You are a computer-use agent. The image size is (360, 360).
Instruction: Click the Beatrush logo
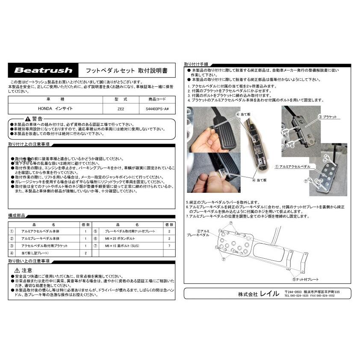pos(44,70)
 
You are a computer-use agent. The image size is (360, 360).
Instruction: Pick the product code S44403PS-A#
pos(157,109)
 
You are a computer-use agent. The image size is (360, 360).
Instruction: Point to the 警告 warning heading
pos(34,118)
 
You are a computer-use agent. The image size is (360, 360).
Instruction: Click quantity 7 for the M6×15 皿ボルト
pos(169,246)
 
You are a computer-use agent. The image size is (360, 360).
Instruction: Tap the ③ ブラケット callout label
pos(327,117)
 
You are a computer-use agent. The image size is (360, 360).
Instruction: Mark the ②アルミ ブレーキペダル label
pos(197,233)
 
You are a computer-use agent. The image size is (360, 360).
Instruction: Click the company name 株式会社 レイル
pos(258,294)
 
